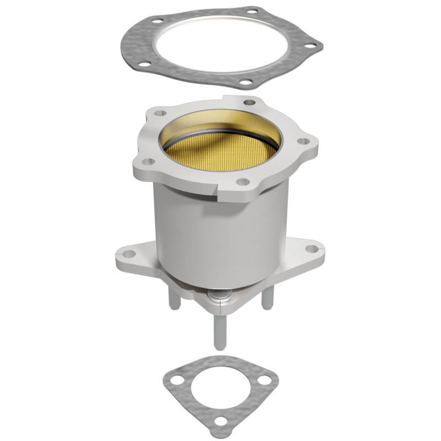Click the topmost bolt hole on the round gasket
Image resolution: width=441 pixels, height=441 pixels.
click(x=253, y=10)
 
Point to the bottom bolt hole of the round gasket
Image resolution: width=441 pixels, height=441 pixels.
click(x=246, y=83)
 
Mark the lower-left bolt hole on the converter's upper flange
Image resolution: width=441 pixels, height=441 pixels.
click(x=147, y=162)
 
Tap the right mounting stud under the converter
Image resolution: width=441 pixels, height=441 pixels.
click(x=268, y=299)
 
